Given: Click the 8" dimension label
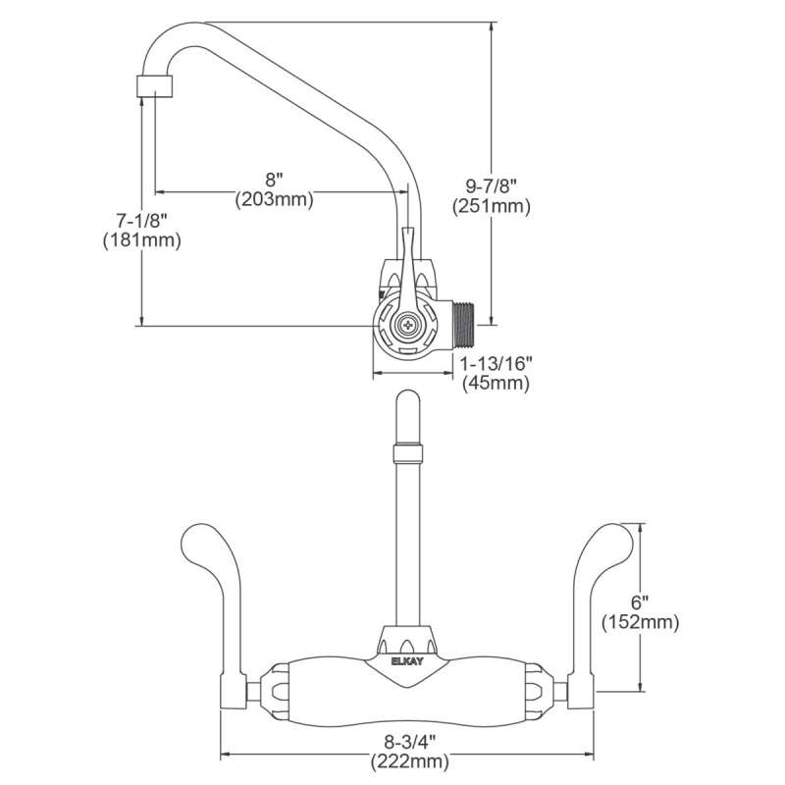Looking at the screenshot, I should (274, 180).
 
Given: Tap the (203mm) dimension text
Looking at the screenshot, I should (274, 199).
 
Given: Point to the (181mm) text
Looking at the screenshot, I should (141, 239).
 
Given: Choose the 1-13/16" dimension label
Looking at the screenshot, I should (497, 364).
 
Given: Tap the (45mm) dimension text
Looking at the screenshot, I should (497, 384).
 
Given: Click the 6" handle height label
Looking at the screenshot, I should (640, 602).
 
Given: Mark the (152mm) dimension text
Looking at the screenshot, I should (640, 622).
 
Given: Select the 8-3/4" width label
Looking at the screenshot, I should (409, 742).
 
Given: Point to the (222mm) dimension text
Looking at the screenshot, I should (409, 760).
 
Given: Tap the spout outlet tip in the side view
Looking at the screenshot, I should (154, 84).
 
